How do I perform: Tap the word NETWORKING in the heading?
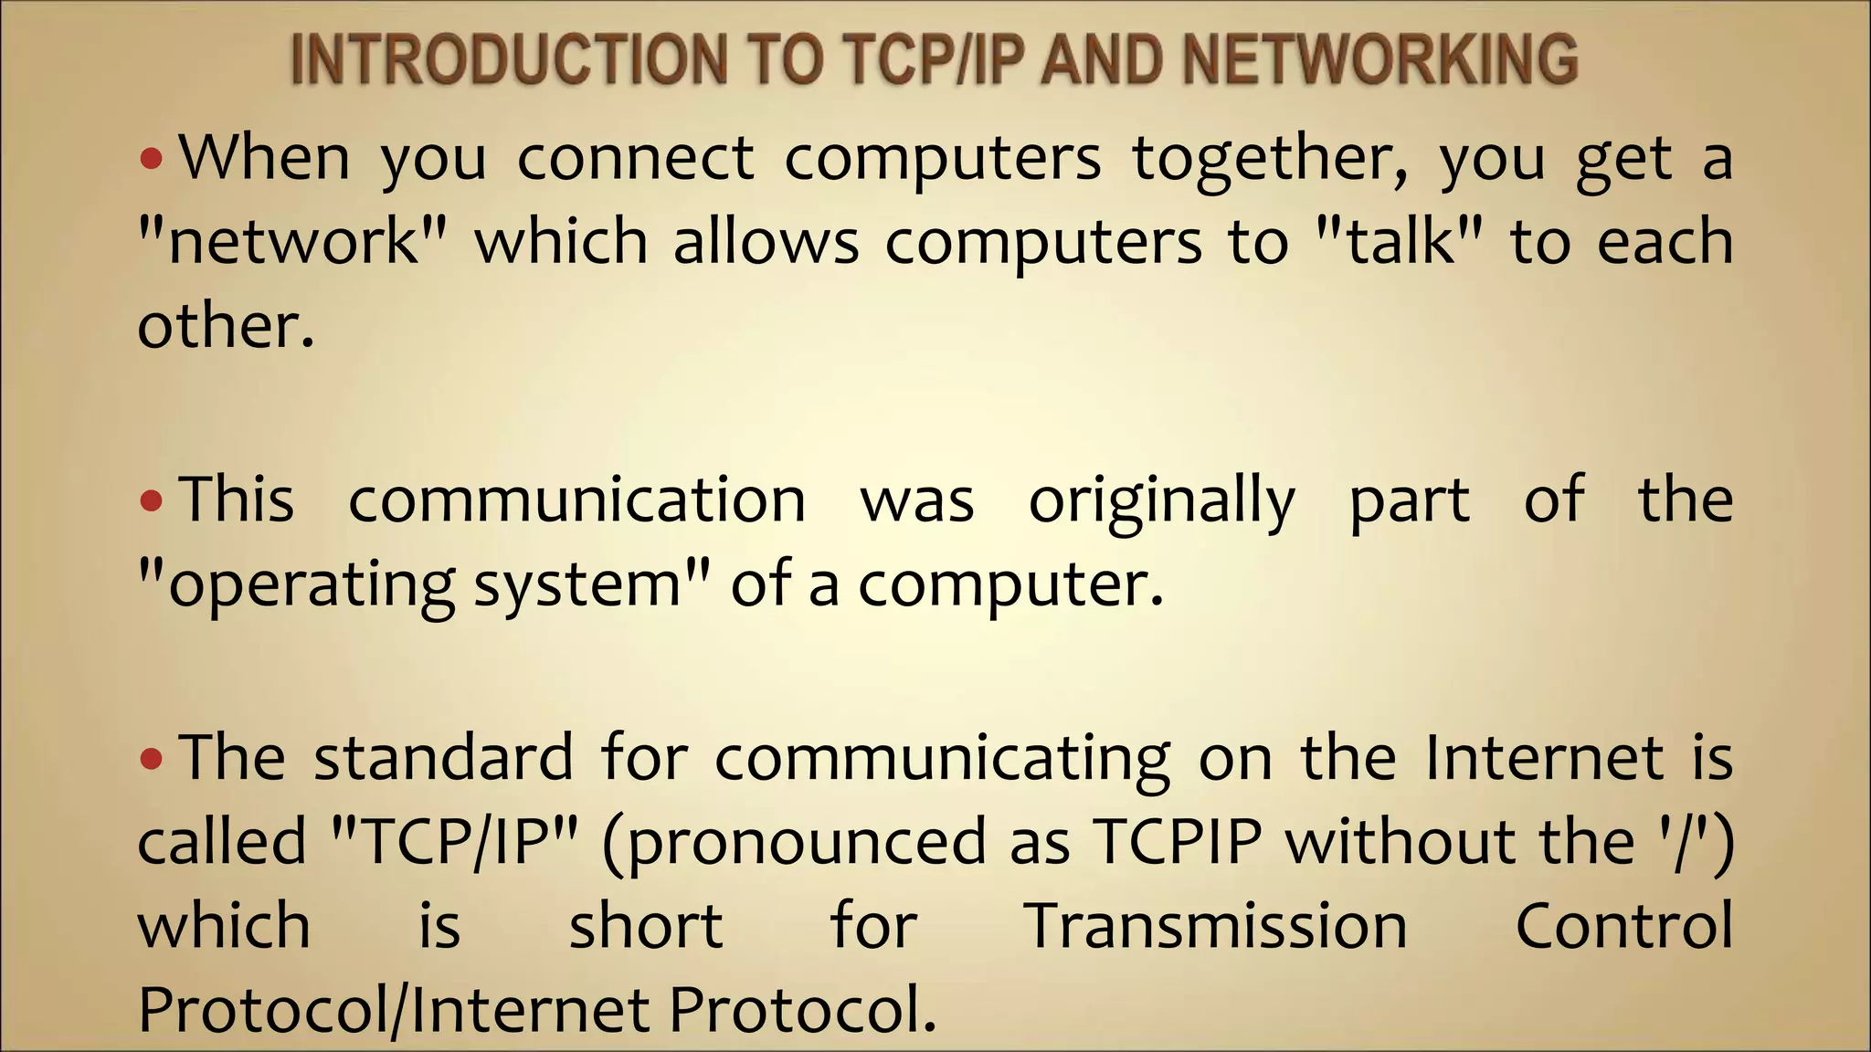tap(1379, 59)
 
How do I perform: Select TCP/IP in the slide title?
tap(932, 59)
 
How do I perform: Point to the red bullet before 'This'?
tap(152, 501)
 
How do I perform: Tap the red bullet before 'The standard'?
tap(152, 759)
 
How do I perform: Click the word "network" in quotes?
tap(293, 243)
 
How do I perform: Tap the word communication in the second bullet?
tap(576, 500)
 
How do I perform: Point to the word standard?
tap(443, 758)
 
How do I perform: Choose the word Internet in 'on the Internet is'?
tap(1545, 758)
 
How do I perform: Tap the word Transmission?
tap(1216, 927)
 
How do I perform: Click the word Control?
tap(1623, 927)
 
